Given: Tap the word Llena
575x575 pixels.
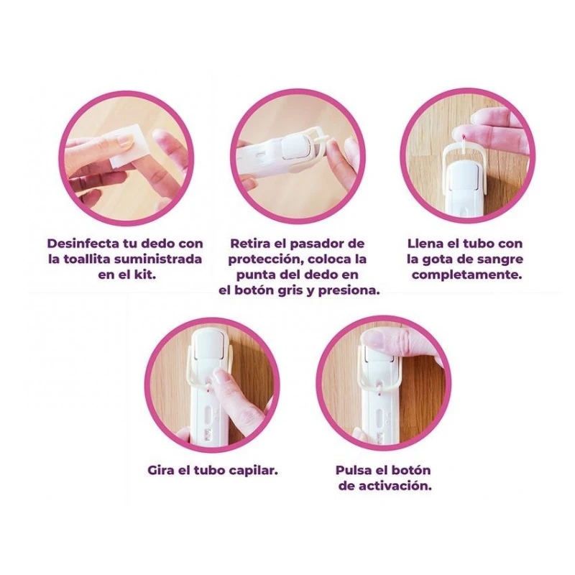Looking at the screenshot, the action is click(x=425, y=244).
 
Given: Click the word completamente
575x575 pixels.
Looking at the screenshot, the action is click(x=466, y=275).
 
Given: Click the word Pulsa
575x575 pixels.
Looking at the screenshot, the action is click(x=354, y=470).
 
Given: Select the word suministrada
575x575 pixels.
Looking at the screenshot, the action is click(x=158, y=259).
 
